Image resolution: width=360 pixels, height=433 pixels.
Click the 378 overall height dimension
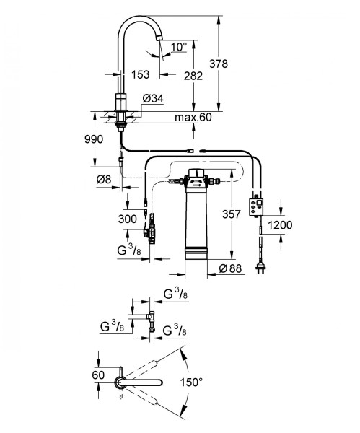pyautogui.click(x=219, y=64)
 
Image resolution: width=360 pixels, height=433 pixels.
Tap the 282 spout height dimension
pyautogui.click(x=193, y=76)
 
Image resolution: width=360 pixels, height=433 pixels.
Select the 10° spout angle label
pyautogui.click(x=179, y=47)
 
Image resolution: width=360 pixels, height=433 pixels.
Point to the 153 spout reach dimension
pyautogui.click(x=140, y=74)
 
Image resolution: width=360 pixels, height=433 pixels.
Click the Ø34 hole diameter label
pyautogui.click(x=153, y=99)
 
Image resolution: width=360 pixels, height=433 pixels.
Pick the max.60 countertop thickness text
pyautogui.click(x=193, y=117)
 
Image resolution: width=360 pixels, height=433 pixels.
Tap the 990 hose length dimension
pyautogui.click(x=94, y=139)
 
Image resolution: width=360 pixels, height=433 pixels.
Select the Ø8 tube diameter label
pyautogui.click(x=104, y=180)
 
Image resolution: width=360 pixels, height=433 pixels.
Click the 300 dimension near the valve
pyautogui.click(x=128, y=219)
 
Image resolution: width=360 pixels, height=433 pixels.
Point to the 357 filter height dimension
pyautogui.click(x=232, y=214)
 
